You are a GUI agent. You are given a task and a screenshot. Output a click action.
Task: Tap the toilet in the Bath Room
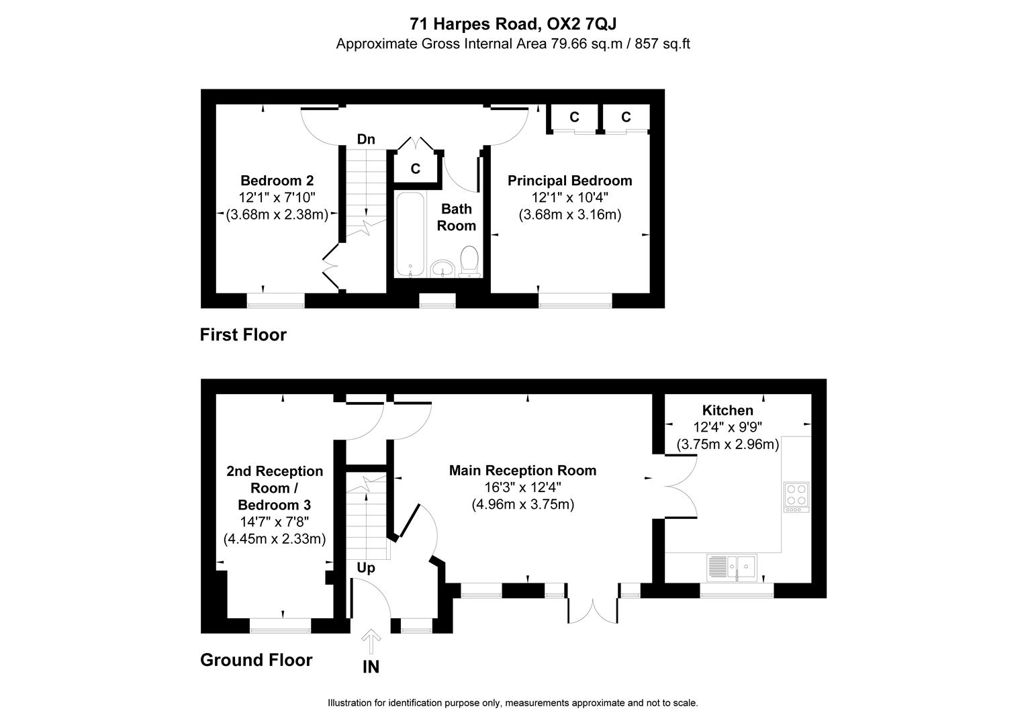tap(469, 261)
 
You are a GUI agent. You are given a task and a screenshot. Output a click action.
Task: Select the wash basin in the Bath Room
tap(442, 268)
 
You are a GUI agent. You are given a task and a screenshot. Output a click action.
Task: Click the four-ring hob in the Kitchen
tap(796, 496)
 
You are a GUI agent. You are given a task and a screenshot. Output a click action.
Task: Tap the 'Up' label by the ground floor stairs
tap(366, 568)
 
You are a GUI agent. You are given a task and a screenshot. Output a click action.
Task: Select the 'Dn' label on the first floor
tap(366, 140)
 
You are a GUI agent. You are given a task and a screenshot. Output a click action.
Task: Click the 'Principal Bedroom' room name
tap(569, 181)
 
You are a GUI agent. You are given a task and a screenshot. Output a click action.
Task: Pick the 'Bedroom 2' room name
tap(277, 181)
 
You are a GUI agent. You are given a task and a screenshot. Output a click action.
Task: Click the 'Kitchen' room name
tap(727, 410)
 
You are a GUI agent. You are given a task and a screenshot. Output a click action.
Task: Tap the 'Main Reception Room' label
tap(522, 471)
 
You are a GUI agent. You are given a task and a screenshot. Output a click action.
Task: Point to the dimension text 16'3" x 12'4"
tap(522, 487)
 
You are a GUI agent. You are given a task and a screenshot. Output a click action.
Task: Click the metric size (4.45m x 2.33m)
tap(274, 538)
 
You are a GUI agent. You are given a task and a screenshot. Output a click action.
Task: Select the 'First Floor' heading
tap(243, 334)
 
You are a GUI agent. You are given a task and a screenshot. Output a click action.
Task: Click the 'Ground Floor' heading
tap(256, 660)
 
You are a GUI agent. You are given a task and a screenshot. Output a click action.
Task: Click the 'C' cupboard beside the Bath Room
tap(416, 168)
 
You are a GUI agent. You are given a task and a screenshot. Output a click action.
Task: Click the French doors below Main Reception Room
tap(592, 608)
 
